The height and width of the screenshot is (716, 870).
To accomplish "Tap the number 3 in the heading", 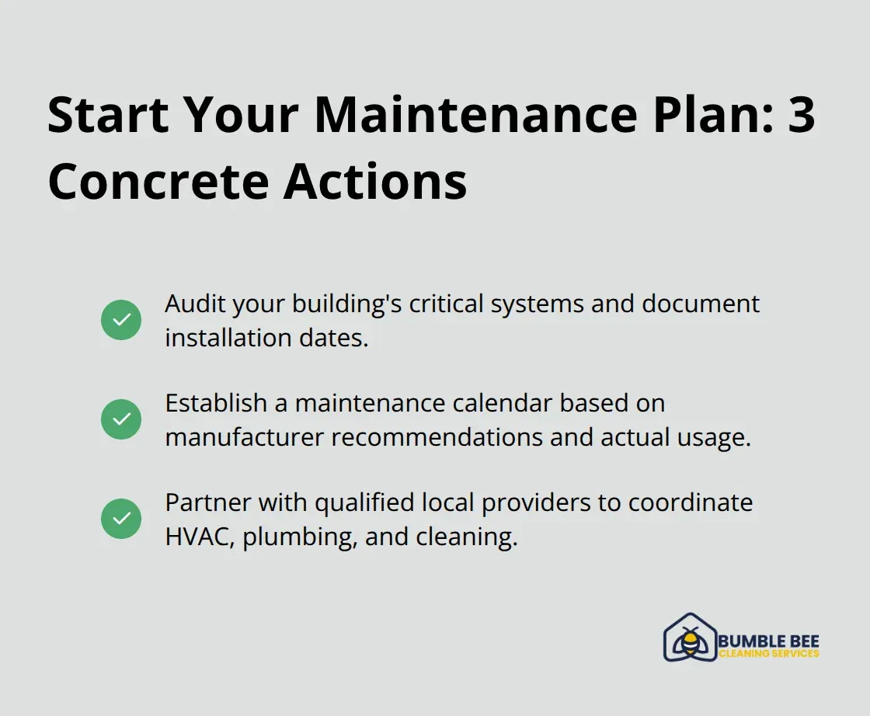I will [797, 115].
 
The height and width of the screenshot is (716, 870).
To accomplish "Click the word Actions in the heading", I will [375, 182].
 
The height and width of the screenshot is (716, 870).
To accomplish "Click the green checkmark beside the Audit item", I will [121, 320].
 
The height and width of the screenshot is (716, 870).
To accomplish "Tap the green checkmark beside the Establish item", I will [121, 419].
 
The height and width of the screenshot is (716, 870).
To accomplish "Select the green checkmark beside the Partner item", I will [121, 519].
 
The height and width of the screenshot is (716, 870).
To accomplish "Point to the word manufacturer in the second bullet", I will [245, 437].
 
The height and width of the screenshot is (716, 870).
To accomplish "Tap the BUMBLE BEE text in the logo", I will [769, 641].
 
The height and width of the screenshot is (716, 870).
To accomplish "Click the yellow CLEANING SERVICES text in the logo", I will [769, 654].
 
